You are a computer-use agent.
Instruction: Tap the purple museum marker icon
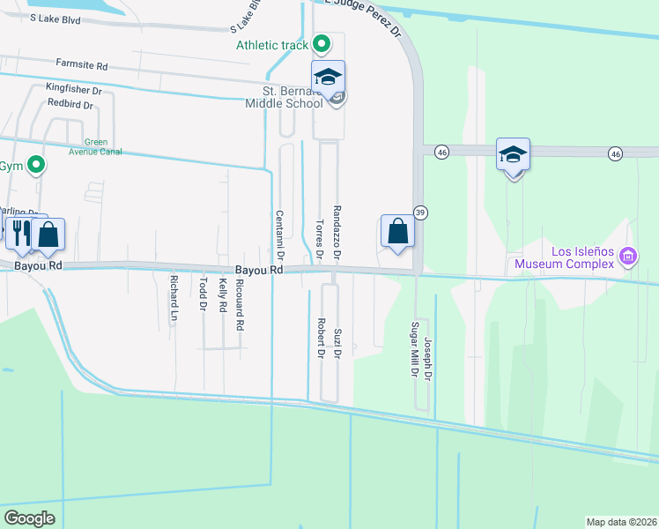(x=627, y=257)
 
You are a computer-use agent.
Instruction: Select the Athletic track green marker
(x=322, y=42)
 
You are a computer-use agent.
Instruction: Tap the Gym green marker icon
(x=35, y=165)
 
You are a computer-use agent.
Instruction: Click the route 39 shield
(x=421, y=213)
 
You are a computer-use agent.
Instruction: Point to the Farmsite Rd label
(x=81, y=65)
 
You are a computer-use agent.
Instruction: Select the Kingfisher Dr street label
(x=74, y=89)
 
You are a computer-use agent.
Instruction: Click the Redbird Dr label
(x=70, y=103)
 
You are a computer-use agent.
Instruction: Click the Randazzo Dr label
(x=337, y=231)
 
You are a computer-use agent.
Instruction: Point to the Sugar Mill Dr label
(x=413, y=349)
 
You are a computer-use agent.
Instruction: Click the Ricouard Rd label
(x=239, y=304)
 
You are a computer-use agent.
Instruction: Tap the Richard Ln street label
(x=174, y=300)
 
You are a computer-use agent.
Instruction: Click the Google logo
(x=29, y=518)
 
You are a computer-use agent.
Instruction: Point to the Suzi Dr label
(x=337, y=344)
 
